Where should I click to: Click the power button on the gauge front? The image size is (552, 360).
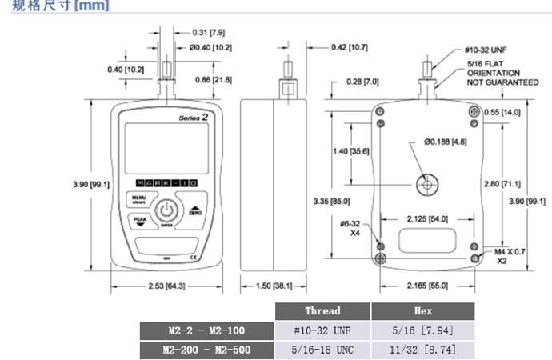(x=165, y=211)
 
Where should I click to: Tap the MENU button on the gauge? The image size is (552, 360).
(x=139, y=199)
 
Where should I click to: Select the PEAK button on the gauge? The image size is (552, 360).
(x=141, y=222)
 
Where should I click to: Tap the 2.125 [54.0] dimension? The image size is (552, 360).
(x=427, y=218)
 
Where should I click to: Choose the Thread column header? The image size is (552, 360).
(x=322, y=310)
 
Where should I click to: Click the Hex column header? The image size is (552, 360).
(x=423, y=310)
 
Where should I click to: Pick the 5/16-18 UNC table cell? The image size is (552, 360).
(x=322, y=350)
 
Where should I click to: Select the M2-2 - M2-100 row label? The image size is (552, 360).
(x=206, y=330)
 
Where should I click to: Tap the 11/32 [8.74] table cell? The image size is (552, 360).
(x=423, y=350)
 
